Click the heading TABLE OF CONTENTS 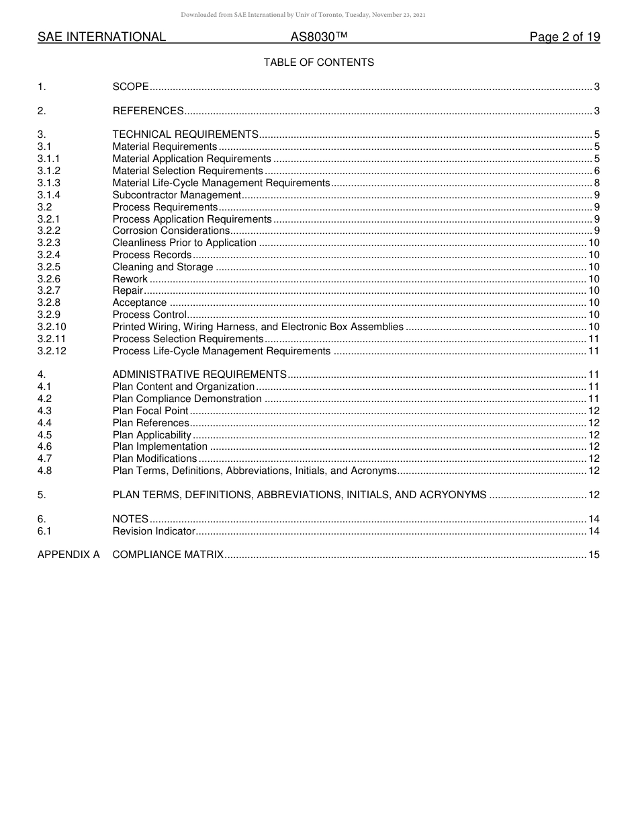(x=318, y=63)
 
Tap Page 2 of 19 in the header (x=564, y=37)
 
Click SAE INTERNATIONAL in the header (x=101, y=37)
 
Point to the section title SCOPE (x=130, y=87)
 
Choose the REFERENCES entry (x=148, y=111)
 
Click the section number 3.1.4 (x=49, y=195)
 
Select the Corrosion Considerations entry (x=171, y=231)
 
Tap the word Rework (x=130, y=279)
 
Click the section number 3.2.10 (x=52, y=327)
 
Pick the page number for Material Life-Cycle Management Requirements (x=596, y=183)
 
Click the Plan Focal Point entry (x=150, y=411)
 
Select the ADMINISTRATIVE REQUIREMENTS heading (x=199, y=375)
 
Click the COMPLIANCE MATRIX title (x=168, y=555)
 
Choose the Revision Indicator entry (x=154, y=531)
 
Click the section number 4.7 (x=44, y=459)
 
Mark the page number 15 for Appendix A (x=594, y=555)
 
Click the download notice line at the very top (x=303, y=15)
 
